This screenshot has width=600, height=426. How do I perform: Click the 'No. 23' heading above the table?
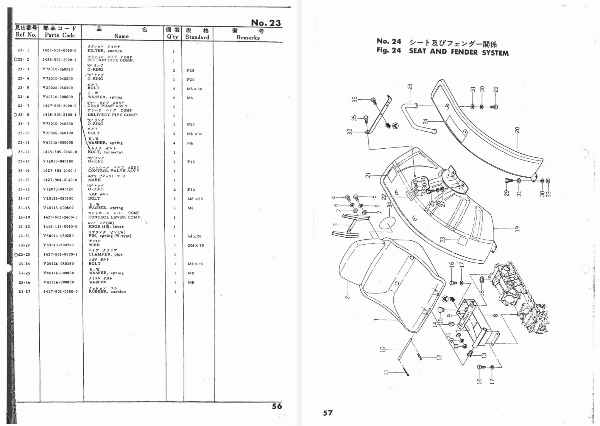point(266,23)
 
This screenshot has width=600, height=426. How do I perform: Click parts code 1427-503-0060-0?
point(59,50)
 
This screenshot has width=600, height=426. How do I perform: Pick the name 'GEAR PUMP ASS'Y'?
point(107,106)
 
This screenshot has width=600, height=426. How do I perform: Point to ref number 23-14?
point(24,171)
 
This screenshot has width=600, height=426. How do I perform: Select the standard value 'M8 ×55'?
point(195,199)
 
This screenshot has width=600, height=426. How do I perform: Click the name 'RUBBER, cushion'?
point(107,291)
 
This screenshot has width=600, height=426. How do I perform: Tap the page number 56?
point(277,406)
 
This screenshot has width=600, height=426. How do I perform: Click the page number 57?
point(328,413)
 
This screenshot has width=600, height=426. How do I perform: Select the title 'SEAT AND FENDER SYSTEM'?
point(459,52)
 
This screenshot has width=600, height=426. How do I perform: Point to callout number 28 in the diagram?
point(410,86)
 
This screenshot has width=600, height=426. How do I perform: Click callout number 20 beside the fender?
point(517,130)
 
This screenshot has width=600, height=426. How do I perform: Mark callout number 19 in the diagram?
point(517,229)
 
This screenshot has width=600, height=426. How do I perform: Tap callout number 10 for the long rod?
point(383,349)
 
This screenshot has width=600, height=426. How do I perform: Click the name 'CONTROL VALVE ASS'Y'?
point(114,171)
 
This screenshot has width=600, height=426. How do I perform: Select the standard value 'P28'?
point(190,71)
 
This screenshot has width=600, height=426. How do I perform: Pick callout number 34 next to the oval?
point(389,205)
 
